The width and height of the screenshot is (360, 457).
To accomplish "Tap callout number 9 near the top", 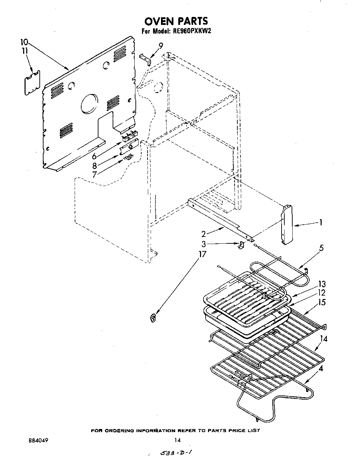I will (160, 45).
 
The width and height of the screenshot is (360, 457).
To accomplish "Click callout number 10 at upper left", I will (24, 43).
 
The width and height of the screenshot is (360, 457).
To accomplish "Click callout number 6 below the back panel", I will (94, 156).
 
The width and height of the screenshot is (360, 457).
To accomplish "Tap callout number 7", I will (94, 175).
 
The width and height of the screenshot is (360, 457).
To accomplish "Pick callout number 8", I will (94, 166).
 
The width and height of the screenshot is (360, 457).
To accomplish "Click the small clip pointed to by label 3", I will (241, 245).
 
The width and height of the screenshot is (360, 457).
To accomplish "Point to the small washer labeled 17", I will (153, 317).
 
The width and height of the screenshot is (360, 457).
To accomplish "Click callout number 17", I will (202, 254).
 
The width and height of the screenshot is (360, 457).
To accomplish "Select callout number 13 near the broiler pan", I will (322, 284).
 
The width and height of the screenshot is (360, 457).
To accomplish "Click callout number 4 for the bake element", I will (321, 369).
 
